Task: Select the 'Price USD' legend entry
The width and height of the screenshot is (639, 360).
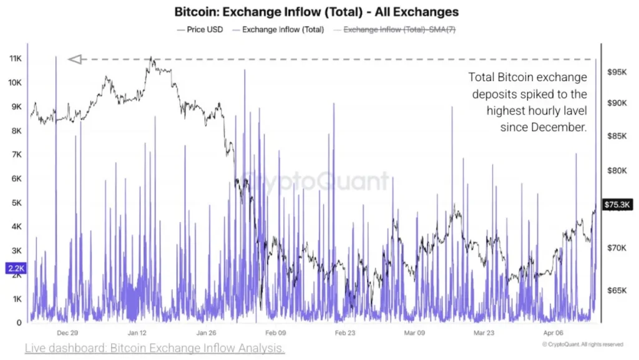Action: [202, 29]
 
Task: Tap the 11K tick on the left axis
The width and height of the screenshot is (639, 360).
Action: [14, 58]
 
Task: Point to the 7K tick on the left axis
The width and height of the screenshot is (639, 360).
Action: [14, 154]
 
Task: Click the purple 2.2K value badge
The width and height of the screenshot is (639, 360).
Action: [15, 268]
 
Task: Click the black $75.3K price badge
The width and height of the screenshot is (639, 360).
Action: [618, 204]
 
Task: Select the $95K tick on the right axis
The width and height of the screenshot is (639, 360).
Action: [617, 72]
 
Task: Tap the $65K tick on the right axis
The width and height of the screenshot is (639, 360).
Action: [617, 291]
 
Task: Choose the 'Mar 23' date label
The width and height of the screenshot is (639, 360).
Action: [484, 333]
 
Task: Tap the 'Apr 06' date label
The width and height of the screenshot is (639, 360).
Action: [553, 333]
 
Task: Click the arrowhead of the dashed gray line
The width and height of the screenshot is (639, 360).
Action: [75, 59]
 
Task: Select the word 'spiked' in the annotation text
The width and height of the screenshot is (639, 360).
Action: [540, 94]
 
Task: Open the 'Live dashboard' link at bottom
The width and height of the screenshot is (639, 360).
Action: [155, 348]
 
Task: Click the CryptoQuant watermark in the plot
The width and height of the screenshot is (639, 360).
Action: [315, 182]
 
